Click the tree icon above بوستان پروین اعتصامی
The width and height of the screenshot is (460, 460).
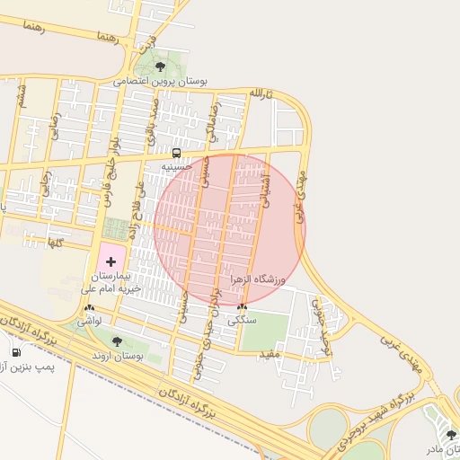[161, 66]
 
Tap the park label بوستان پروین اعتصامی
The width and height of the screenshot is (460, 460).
[161, 81]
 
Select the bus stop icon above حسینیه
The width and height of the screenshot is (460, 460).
[176, 153]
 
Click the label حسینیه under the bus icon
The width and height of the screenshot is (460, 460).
[176, 166]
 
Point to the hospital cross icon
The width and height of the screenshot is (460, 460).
[111, 261]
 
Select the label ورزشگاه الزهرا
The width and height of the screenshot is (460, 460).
[257, 280]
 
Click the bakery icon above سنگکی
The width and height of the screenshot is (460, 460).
[242, 306]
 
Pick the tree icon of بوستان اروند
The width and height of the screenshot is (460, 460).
[117, 341]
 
